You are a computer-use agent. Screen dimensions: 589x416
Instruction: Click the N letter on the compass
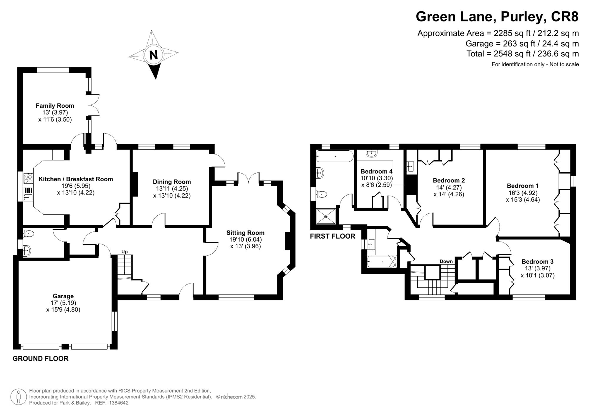point(153,55)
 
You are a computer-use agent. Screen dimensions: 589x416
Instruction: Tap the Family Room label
point(55,106)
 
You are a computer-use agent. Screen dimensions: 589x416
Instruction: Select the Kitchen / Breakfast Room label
point(76,179)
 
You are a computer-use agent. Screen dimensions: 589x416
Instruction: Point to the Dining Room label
point(172,182)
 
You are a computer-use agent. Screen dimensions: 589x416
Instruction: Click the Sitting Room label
point(245,233)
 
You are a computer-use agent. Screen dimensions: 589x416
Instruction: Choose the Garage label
point(63,296)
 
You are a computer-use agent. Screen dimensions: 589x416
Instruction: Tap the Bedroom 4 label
point(376,171)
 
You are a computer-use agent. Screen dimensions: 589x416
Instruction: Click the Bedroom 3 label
point(537,262)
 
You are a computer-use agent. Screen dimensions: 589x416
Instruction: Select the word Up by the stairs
point(125,252)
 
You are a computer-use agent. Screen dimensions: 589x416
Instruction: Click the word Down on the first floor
point(446,261)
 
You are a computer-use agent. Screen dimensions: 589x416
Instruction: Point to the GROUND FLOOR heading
point(41,358)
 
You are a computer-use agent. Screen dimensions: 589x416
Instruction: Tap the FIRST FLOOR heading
point(332,236)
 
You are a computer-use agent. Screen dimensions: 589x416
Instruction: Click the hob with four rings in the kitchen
point(28,178)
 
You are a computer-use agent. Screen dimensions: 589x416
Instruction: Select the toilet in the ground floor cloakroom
point(29,234)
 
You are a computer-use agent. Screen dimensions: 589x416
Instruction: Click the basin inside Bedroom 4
point(372,153)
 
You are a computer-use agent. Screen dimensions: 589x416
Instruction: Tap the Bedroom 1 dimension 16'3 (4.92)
point(522,193)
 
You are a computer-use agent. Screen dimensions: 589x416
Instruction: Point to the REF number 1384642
point(119,403)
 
